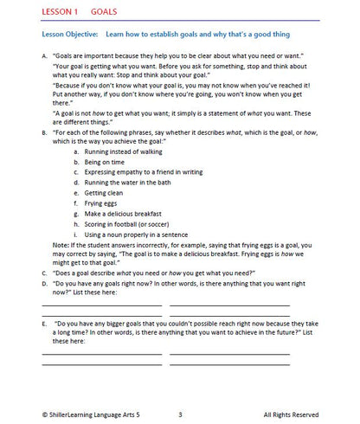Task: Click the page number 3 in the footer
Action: click(x=179, y=414)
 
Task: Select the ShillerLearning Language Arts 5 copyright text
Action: click(x=87, y=414)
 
